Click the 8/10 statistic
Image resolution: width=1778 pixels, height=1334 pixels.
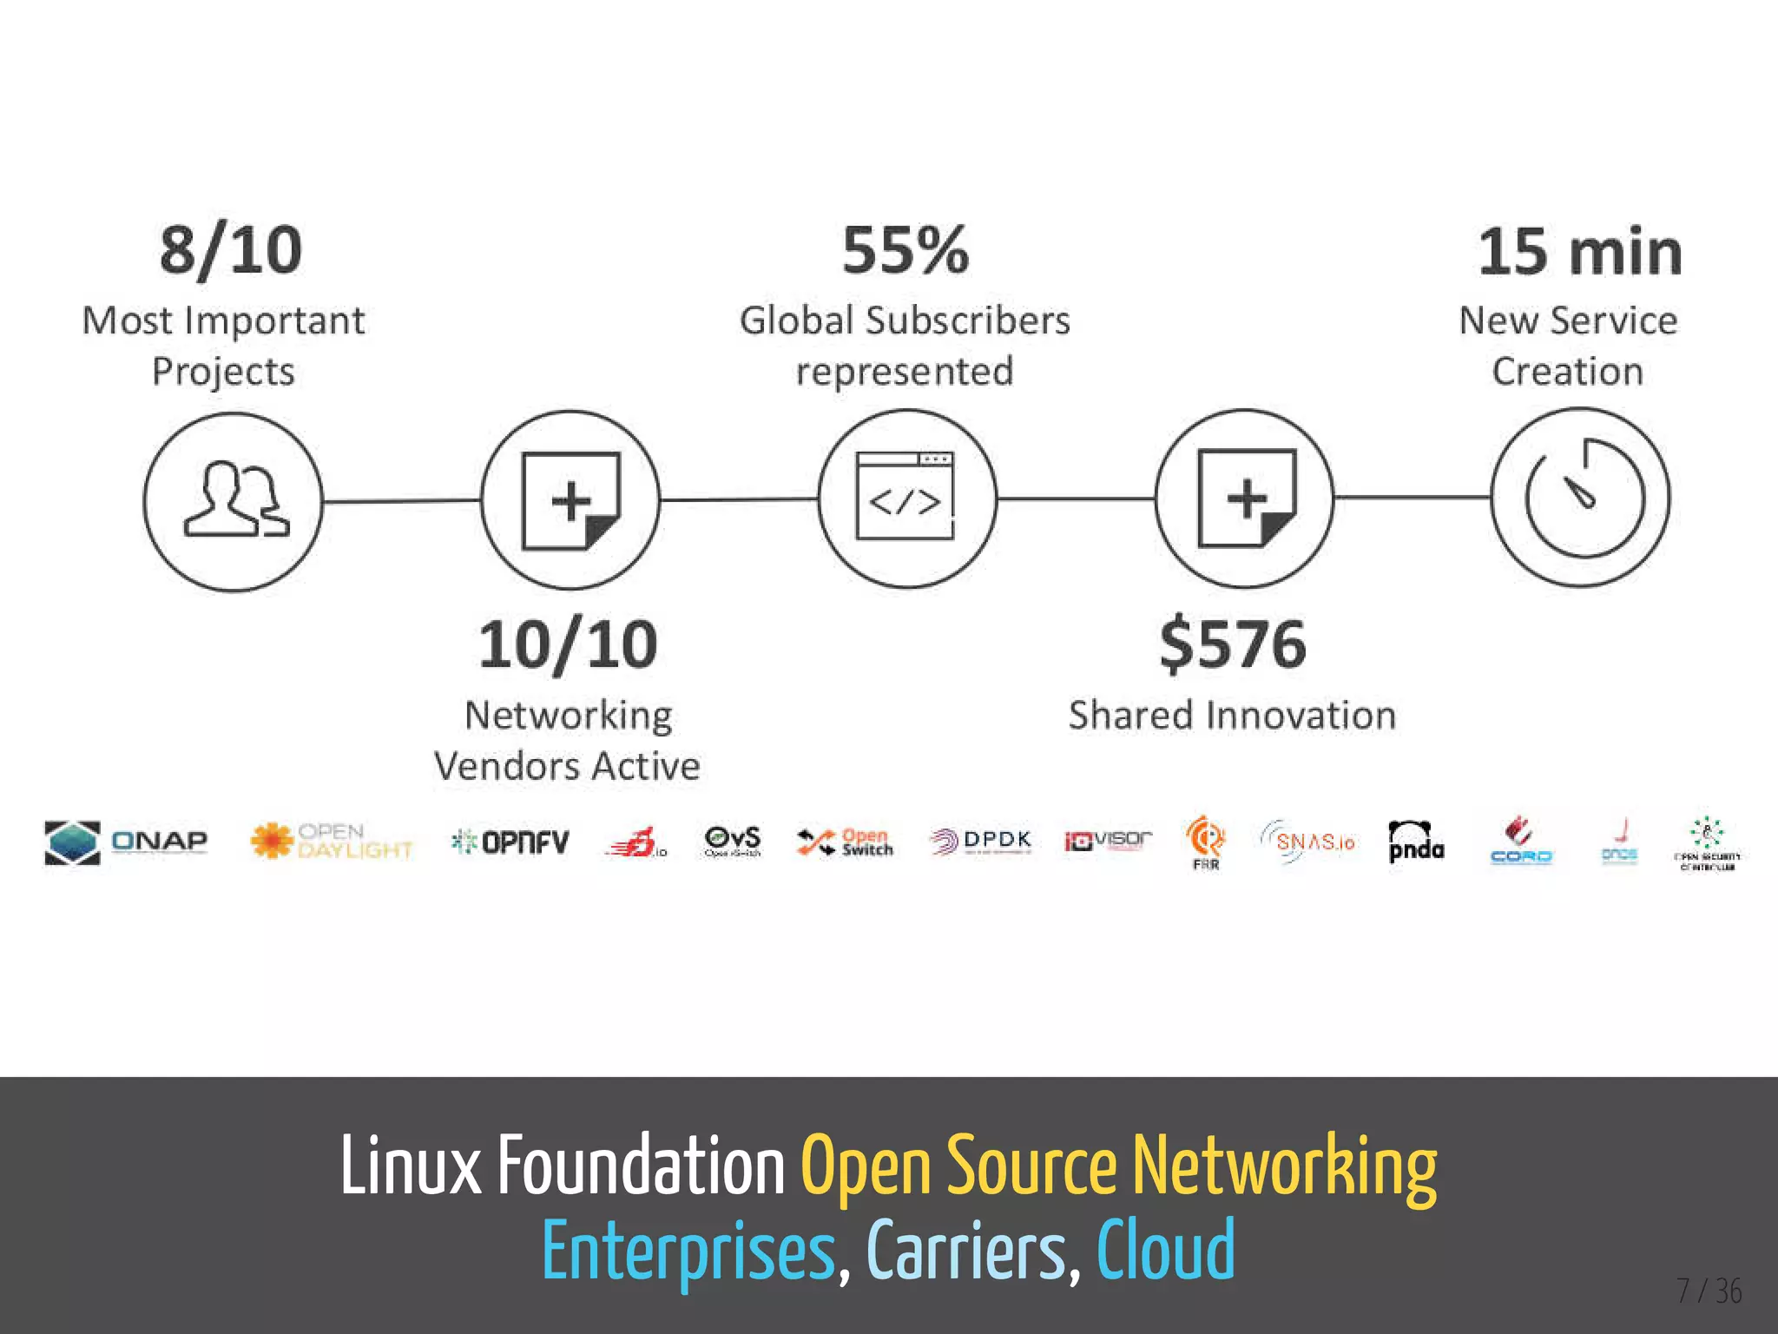tap(231, 251)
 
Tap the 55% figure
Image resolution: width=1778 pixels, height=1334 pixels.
tap(905, 251)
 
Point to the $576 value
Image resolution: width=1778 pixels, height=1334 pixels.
tap(1233, 645)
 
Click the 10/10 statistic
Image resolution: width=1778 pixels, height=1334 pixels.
tap(568, 645)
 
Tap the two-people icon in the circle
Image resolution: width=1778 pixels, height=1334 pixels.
tap(234, 501)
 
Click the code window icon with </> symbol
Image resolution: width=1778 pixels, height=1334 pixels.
tap(905, 498)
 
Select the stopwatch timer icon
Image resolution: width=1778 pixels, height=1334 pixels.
tap(1581, 498)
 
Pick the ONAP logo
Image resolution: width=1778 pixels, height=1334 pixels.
tap(127, 842)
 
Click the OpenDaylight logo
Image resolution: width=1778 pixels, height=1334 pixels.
tap(331, 841)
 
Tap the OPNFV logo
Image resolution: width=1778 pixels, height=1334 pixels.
tap(510, 842)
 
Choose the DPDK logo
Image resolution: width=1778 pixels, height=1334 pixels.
tap(980, 841)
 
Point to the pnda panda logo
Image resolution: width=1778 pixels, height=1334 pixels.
tap(1416, 842)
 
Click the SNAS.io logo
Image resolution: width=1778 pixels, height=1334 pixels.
tap(1307, 842)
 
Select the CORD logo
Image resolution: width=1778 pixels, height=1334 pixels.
tap(1520, 842)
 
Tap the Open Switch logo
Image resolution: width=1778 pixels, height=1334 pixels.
tap(846, 842)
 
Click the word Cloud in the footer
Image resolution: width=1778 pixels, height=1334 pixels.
tap(1165, 1250)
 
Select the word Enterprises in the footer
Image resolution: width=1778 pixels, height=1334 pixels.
tap(688, 1251)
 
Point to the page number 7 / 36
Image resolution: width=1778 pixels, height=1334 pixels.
tap(1709, 1291)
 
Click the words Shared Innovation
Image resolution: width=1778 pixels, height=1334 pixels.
tap(1232, 716)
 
